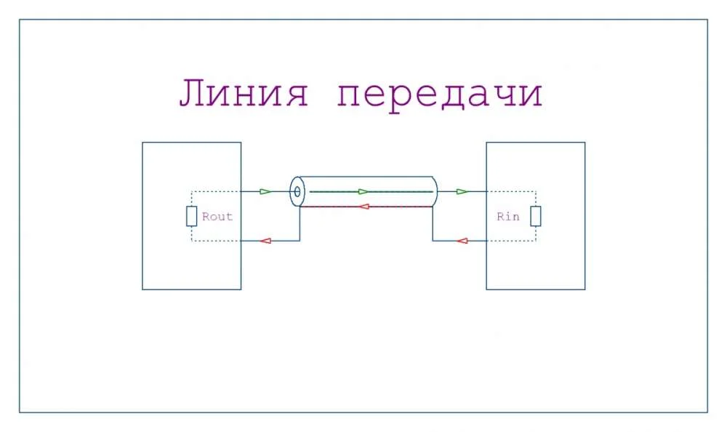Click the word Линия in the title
point(244,95)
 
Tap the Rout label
point(217,217)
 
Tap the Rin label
point(508,217)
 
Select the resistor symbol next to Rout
point(191,216)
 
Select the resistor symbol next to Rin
point(535,216)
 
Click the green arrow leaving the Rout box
point(265,191)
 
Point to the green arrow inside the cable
point(363,191)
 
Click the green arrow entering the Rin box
point(462,191)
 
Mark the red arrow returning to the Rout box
point(266,241)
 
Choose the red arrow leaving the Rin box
point(462,241)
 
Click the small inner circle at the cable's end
point(297,193)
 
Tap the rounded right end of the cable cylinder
point(435,191)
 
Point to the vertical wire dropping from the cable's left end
point(300,224)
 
